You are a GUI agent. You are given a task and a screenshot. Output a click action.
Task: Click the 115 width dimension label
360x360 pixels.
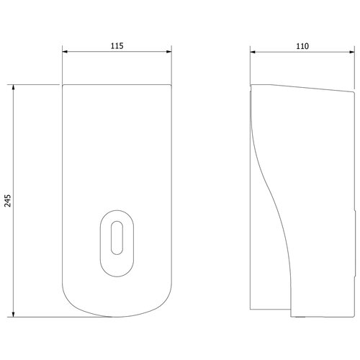tap(117, 45)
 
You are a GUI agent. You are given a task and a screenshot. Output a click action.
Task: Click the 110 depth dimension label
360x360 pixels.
tap(302, 46)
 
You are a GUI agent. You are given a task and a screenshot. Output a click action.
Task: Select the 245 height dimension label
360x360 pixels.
tap(8, 201)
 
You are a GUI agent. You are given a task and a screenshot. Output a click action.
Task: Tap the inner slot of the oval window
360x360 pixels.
tap(117, 238)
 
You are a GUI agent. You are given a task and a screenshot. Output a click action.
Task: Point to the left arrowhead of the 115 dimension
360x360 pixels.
tap(65, 51)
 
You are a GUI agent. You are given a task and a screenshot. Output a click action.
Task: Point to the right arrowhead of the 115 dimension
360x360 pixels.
tap(169, 51)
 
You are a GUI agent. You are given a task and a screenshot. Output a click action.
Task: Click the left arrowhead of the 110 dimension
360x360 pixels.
tap(253, 52)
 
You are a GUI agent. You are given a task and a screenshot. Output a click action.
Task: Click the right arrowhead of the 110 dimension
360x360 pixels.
tap(352, 52)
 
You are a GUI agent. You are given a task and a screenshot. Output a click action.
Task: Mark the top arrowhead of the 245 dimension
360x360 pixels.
tap(13, 87)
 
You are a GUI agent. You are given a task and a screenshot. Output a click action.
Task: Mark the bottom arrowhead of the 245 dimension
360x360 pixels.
tap(13, 315)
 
